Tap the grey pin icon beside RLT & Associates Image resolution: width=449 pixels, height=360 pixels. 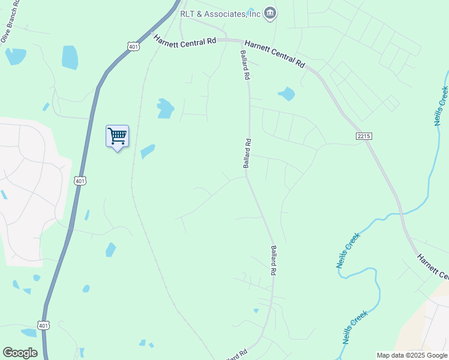tap(271, 13)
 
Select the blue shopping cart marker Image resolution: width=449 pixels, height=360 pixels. tap(117, 137)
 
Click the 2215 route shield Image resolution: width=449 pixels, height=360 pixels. tap(364, 137)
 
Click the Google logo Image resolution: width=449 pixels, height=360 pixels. tap(20, 352)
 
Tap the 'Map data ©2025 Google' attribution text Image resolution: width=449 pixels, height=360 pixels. tap(412, 355)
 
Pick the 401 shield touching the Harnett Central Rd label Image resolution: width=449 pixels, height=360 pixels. tap(134, 46)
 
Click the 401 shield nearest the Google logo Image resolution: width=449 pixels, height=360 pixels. tap(43, 325)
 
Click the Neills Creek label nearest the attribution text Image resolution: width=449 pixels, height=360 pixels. tap(355, 327)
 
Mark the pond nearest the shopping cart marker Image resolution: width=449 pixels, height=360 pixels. tap(147, 151)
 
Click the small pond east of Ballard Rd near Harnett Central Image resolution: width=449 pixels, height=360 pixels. tap(286, 94)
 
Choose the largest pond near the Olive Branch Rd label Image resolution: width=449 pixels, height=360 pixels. tap(70, 58)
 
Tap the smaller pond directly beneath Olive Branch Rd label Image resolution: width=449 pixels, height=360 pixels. tap(16, 56)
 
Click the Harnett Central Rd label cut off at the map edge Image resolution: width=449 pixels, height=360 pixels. tap(432, 266)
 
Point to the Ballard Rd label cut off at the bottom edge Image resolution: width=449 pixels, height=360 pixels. tap(237, 356)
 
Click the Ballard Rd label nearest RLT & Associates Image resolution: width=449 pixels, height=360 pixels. tap(245, 65)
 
